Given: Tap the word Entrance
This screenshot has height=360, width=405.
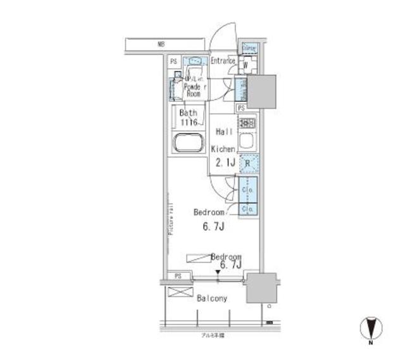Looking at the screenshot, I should tap(222, 61).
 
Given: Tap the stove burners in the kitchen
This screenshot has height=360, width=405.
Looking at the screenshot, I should tap(247, 122).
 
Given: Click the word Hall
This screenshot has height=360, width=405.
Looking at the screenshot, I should tap(225, 131).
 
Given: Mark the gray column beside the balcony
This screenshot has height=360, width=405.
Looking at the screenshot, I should tap(260, 288).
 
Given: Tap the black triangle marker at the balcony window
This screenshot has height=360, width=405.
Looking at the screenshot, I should tap(218, 273).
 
